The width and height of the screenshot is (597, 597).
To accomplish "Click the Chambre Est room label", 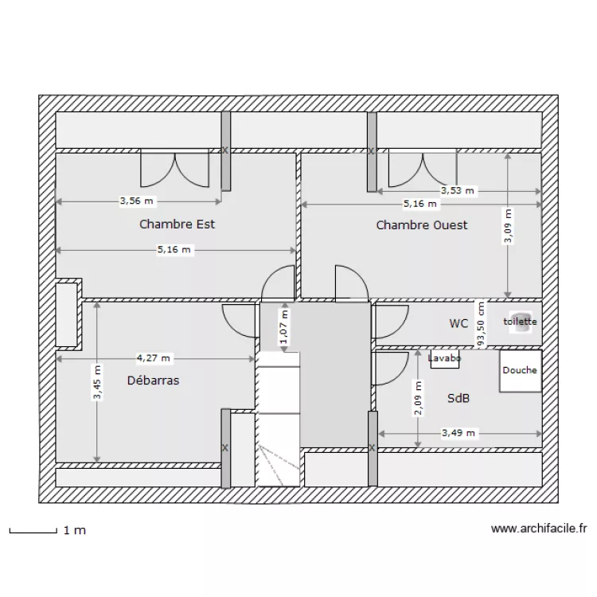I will coord(177,224).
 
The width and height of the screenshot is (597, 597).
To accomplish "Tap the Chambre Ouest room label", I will coord(422,225).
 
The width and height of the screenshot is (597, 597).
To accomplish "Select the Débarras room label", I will coord(153,380).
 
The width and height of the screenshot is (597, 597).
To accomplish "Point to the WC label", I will coord(458,323).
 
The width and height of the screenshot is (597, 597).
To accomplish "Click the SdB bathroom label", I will coord(458,397).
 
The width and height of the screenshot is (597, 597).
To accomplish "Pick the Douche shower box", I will coord(520,371).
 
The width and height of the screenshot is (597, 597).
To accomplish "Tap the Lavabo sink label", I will coord(444,358).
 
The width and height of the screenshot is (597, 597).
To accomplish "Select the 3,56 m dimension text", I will coord(137,201).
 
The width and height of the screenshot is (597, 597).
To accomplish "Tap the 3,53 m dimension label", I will coord(458,190).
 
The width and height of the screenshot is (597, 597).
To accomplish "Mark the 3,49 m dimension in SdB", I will coord(458,433).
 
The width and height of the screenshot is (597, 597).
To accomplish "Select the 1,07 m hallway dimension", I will coord(284,327).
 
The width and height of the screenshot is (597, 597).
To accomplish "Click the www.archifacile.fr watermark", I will coord(539,528).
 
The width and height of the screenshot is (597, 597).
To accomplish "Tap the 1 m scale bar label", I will coord(74,530).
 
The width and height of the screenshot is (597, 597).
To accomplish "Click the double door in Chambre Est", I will coord(174,168).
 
